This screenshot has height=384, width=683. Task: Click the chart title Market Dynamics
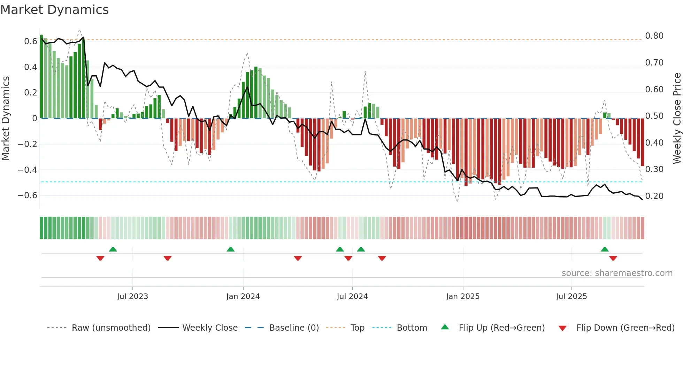point(55,10)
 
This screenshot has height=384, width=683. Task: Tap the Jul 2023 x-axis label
point(132,297)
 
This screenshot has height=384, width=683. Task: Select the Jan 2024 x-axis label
point(243,297)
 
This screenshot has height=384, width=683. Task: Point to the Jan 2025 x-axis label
point(463,297)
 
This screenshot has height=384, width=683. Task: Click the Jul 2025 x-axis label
point(571,297)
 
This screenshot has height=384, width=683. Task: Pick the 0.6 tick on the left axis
point(31,41)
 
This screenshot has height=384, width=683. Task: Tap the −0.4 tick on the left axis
point(28,170)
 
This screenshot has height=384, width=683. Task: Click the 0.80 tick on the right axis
point(654,36)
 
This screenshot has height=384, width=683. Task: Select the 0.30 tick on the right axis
point(654,169)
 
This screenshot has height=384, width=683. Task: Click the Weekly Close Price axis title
point(677,118)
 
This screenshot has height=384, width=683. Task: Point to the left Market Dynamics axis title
point(6,118)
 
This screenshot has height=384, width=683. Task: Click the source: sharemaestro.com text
point(617,273)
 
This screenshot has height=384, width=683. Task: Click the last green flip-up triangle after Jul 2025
point(605,249)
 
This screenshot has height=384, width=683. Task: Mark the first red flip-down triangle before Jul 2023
point(100,258)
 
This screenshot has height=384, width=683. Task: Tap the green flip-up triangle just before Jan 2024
point(231,249)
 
